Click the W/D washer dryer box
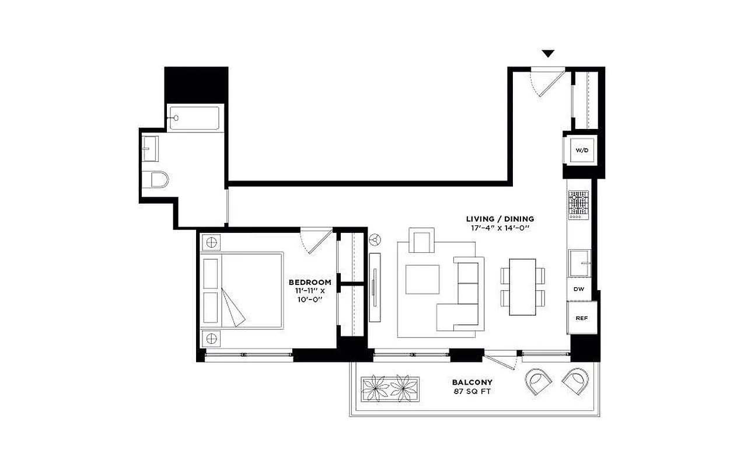[x=582, y=150]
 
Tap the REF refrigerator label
[x=581, y=318]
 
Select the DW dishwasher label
[x=579, y=289]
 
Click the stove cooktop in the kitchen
[x=578, y=205]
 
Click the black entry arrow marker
[x=547, y=54]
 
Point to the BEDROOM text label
[x=313, y=282]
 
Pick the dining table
[x=523, y=287]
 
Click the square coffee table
[x=422, y=280]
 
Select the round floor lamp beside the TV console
[x=375, y=239]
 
